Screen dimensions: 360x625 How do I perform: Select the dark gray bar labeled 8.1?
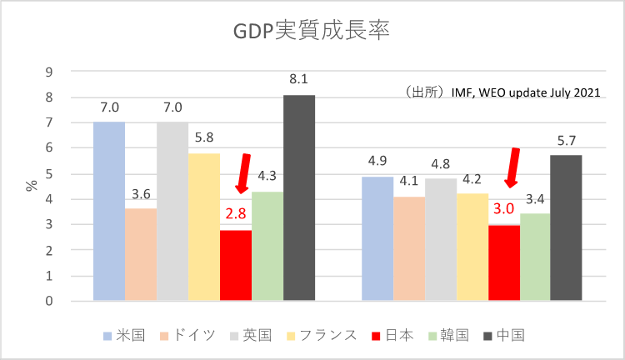point(299,197)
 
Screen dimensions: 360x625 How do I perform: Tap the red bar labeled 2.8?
point(236,265)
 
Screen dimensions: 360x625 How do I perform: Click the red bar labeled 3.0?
point(504,262)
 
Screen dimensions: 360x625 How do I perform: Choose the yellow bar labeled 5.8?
point(204,227)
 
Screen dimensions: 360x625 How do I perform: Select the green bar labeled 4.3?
point(267,246)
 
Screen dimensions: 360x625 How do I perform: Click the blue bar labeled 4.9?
point(377,238)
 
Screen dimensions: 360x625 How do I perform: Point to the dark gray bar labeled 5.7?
point(566,227)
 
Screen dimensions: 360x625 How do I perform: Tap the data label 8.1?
point(299,80)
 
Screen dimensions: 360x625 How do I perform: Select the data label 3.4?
point(534,199)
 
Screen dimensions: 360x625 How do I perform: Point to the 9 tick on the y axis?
point(49,72)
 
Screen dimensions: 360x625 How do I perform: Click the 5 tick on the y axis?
point(49,174)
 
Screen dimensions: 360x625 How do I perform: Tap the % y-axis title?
point(32,185)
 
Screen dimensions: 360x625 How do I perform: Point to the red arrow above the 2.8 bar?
point(242,176)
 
